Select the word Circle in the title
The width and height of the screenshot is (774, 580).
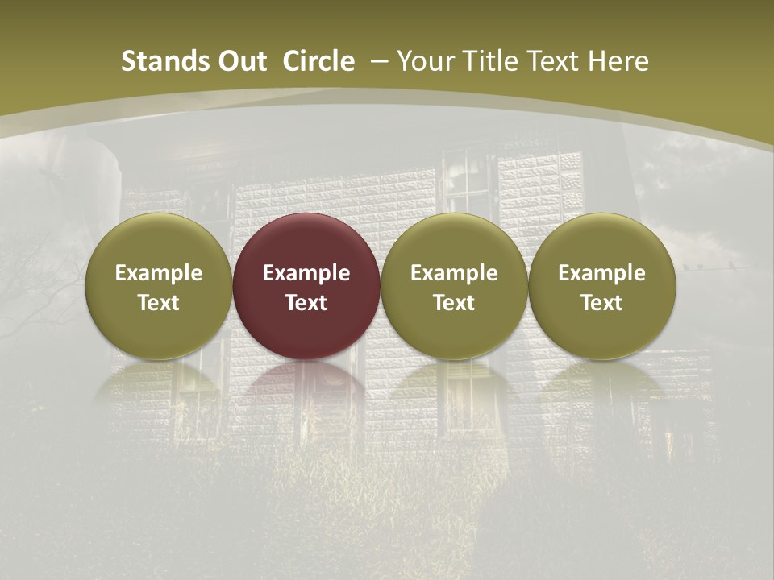click(x=318, y=61)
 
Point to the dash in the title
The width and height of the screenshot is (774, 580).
click(x=379, y=61)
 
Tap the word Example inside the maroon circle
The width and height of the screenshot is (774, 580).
click(x=306, y=273)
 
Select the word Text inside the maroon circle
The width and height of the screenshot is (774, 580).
click(x=306, y=303)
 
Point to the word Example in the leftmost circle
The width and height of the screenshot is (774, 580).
click(x=158, y=273)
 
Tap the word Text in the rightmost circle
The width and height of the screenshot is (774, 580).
click(x=601, y=303)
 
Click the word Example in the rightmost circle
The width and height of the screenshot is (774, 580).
click(x=601, y=273)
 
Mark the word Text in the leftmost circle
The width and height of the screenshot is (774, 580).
click(x=158, y=303)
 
